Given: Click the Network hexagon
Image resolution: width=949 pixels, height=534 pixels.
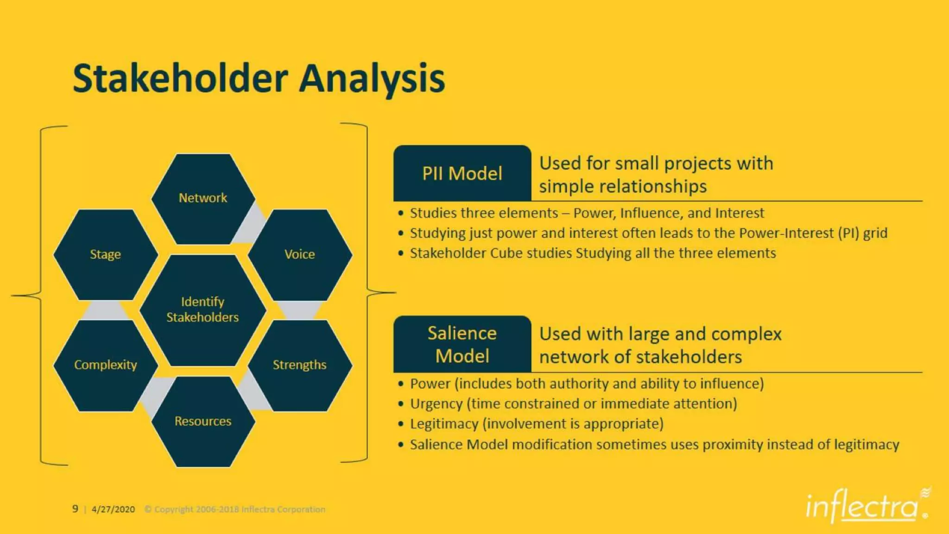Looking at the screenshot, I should point(203,198).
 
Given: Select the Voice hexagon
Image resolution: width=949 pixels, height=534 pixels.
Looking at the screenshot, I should point(300,254).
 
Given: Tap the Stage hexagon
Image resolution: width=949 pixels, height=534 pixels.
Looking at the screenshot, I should point(105,254).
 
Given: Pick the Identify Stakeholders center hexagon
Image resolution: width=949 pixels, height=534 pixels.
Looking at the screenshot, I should point(202,310).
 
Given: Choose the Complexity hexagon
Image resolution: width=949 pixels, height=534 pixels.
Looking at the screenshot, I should point(105,365).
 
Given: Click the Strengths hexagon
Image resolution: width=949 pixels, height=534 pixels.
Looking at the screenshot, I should point(300,365).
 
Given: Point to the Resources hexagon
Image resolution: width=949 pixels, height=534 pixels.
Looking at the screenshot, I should point(203,421).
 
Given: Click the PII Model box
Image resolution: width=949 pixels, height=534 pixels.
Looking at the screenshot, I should point(462,173).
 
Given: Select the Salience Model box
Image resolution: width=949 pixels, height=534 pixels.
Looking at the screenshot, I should point(462,344).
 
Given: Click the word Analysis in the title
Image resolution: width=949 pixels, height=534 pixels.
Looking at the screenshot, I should point(372,79).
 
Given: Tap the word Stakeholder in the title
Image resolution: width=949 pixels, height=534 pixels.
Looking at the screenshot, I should point(180,79).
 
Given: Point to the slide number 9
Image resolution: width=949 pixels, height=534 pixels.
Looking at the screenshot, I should point(75,509).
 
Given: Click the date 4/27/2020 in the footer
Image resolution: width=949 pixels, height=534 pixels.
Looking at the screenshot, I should point(113,509).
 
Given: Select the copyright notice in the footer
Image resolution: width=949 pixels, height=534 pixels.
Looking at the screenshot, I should point(235,509).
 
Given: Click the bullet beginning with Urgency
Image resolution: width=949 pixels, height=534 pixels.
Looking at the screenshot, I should point(573,404).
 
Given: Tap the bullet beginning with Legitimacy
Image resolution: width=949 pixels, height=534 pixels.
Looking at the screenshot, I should point(537,424).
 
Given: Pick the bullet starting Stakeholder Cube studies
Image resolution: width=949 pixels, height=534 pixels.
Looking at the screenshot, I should point(593,253).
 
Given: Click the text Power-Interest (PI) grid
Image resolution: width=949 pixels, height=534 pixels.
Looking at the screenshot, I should point(813,233).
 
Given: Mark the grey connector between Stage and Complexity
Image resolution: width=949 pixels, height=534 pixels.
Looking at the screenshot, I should point(105,310).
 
